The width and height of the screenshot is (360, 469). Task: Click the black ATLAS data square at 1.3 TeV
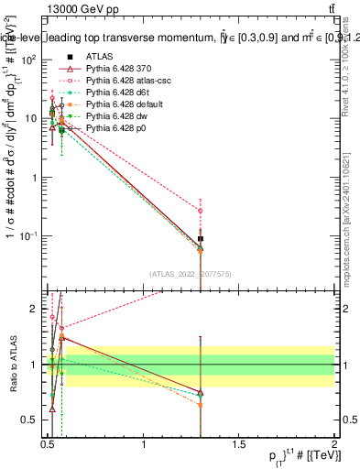[201, 239]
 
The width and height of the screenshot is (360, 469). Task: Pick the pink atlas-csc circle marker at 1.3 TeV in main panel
[201, 211]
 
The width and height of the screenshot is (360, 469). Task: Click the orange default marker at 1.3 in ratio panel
[201, 404]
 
